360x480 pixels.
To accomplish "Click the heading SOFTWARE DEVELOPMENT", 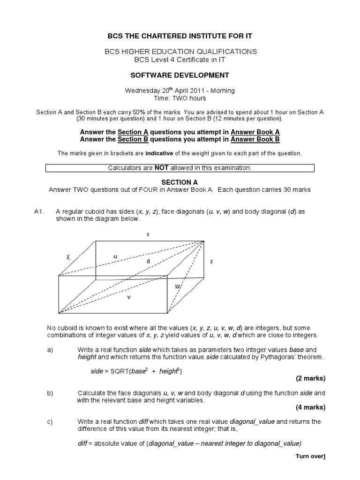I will tap(180, 75).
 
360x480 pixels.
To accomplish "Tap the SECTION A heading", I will tap(180, 182).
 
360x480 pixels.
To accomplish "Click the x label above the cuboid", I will tap(148, 234).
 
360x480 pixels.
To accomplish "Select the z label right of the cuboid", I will tap(211, 261).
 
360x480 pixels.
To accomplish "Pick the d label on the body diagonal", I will tap(148, 261).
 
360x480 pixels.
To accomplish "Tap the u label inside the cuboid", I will tap(115, 256).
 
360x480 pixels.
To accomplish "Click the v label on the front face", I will tap(128, 296).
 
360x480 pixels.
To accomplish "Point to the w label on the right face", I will tap(178, 286).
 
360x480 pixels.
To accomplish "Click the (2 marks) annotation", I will tap(310, 378).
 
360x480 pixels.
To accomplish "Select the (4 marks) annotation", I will tap(310, 407).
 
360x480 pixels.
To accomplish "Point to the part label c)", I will tap(50, 422).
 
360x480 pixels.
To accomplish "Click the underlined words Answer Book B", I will tap(255, 139).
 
